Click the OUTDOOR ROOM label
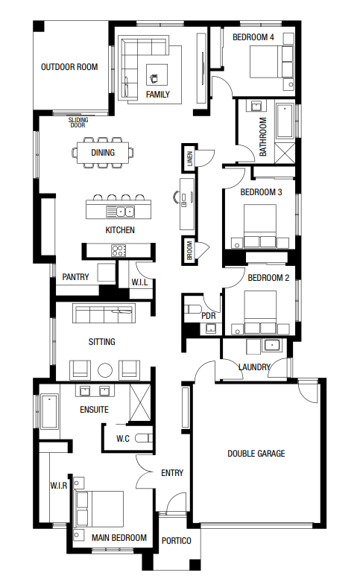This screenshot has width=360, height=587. click(69, 67)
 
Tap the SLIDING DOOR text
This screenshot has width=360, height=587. click(78, 122)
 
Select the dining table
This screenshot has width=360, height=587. click(103, 153)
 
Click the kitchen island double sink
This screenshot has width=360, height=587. click(121, 212)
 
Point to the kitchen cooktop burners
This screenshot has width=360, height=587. click(119, 250)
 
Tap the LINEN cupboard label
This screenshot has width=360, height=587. click(190, 159)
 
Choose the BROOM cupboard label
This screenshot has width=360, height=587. click(189, 250)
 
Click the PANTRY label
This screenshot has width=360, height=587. click(76, 277)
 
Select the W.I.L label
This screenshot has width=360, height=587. click(139, 282)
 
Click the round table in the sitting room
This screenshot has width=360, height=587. click(105, 370)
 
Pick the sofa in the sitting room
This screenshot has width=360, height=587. click(104, 313)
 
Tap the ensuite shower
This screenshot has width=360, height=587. click(140, 402)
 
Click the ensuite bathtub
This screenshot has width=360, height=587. click(49, 411)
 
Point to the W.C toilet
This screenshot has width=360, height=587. click(144, 438)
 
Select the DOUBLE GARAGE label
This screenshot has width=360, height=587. click(256, 454)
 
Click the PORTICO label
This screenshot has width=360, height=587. click(177, 541)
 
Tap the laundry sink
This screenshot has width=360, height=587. click(271, 344)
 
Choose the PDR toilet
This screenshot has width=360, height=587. click(192, 309)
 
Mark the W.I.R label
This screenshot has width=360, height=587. click(59, 486)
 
